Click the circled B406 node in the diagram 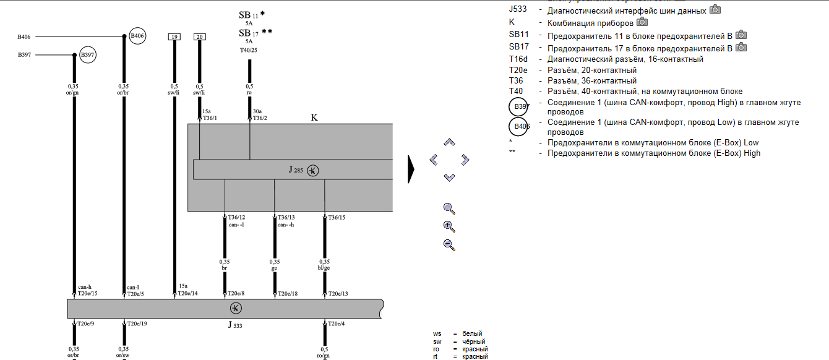tap(137, 36)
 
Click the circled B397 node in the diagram tap(88, 55)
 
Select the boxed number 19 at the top tap(174, 37)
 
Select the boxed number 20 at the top tap(199, 37)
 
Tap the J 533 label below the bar tap(234, 324)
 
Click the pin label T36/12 tap(236, 218)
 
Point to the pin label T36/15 tap(337, 218)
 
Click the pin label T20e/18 tap(288, 294)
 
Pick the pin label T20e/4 tap(337, 324)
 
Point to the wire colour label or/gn tap(74, 93)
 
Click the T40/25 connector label tap(249, 50)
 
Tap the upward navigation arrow tap(450, 142)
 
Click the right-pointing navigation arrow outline tap(465, 160)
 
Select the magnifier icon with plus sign tap(449, 226)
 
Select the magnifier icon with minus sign tap(449, 244)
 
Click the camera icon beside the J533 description tap(715, 9)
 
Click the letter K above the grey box tap(314, 117)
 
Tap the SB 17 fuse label tap(249, 32)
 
